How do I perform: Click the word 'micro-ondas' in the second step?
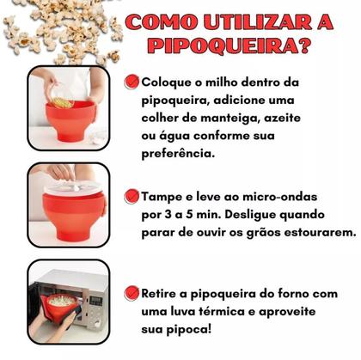coord(265,195)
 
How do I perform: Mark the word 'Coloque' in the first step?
coord(168,82)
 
